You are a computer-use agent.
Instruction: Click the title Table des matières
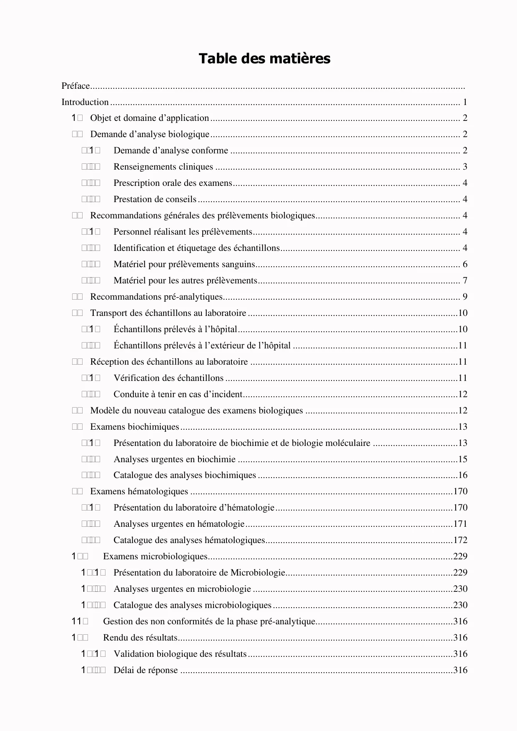(x=264, y=59)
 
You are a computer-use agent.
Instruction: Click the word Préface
(x=76, y=86)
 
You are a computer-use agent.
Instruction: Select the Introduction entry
(x=85, y=102)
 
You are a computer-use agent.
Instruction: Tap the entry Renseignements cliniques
(x=163, y=167)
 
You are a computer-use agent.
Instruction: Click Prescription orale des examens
(x=173, y=183)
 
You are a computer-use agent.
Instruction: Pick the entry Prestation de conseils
(x=155, y=200)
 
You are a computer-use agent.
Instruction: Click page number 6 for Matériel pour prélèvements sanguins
(x=465, y=265)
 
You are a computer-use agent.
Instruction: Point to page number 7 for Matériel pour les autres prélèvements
(x=465, y=281)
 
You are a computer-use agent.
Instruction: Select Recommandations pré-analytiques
(x=156, y=297)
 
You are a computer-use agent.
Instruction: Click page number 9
(x=465, y=297)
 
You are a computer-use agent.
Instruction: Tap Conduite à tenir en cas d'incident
(x=178, y=395)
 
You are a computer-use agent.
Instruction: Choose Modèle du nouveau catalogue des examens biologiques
(x=196, y=411)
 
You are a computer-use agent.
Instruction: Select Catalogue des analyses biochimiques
(x=185, y=476)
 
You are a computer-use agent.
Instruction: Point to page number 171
(x=460, y=524)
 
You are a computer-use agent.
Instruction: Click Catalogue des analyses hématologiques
(x=189, y=541)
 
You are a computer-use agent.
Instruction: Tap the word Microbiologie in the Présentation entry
(x=258, y=573)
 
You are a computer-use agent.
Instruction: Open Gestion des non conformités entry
(x=209, y=622)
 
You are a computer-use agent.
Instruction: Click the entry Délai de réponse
(x=146, y=671)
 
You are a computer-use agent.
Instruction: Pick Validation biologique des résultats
(x=180, y=654)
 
